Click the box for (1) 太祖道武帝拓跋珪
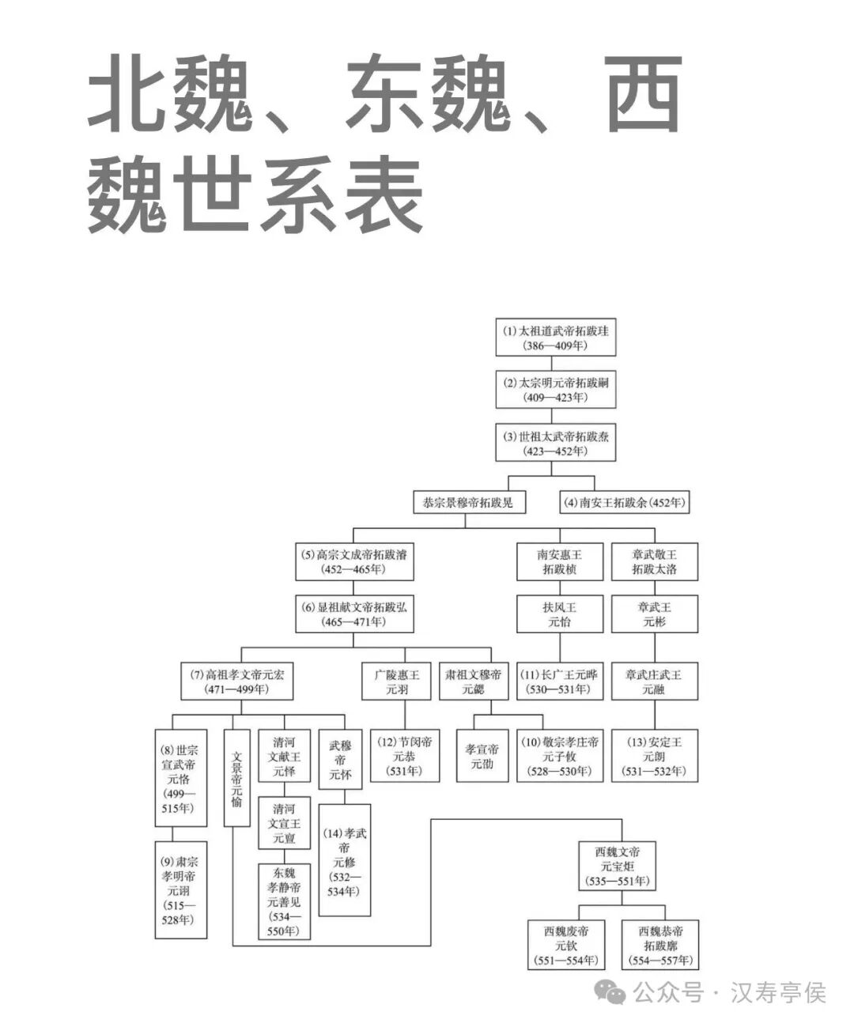click(555, 338)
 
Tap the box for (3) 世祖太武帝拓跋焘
click(555, 444)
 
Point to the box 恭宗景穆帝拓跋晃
click(468, 502)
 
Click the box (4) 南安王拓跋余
click(625, 502)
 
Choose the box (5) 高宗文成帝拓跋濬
click(353, 562)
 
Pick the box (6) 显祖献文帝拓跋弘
click(353, 614)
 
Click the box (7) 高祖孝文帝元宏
click(236, 682)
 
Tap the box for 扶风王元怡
click(560, 614)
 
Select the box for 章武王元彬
click(654, 614)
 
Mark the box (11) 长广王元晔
click(560, 682)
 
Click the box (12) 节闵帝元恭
click(404, 757)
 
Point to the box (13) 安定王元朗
click(654, 757)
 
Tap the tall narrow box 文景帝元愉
click(237, 778)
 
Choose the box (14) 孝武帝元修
click(344, 860)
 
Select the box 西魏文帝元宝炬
click(618, 867)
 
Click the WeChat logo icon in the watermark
click(611, 992)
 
